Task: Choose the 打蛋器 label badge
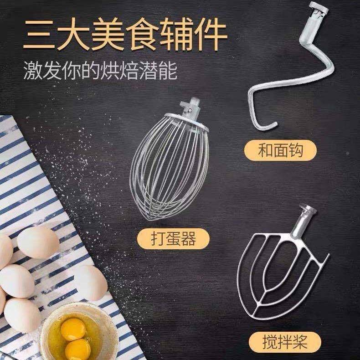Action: click(x=168, y=238)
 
